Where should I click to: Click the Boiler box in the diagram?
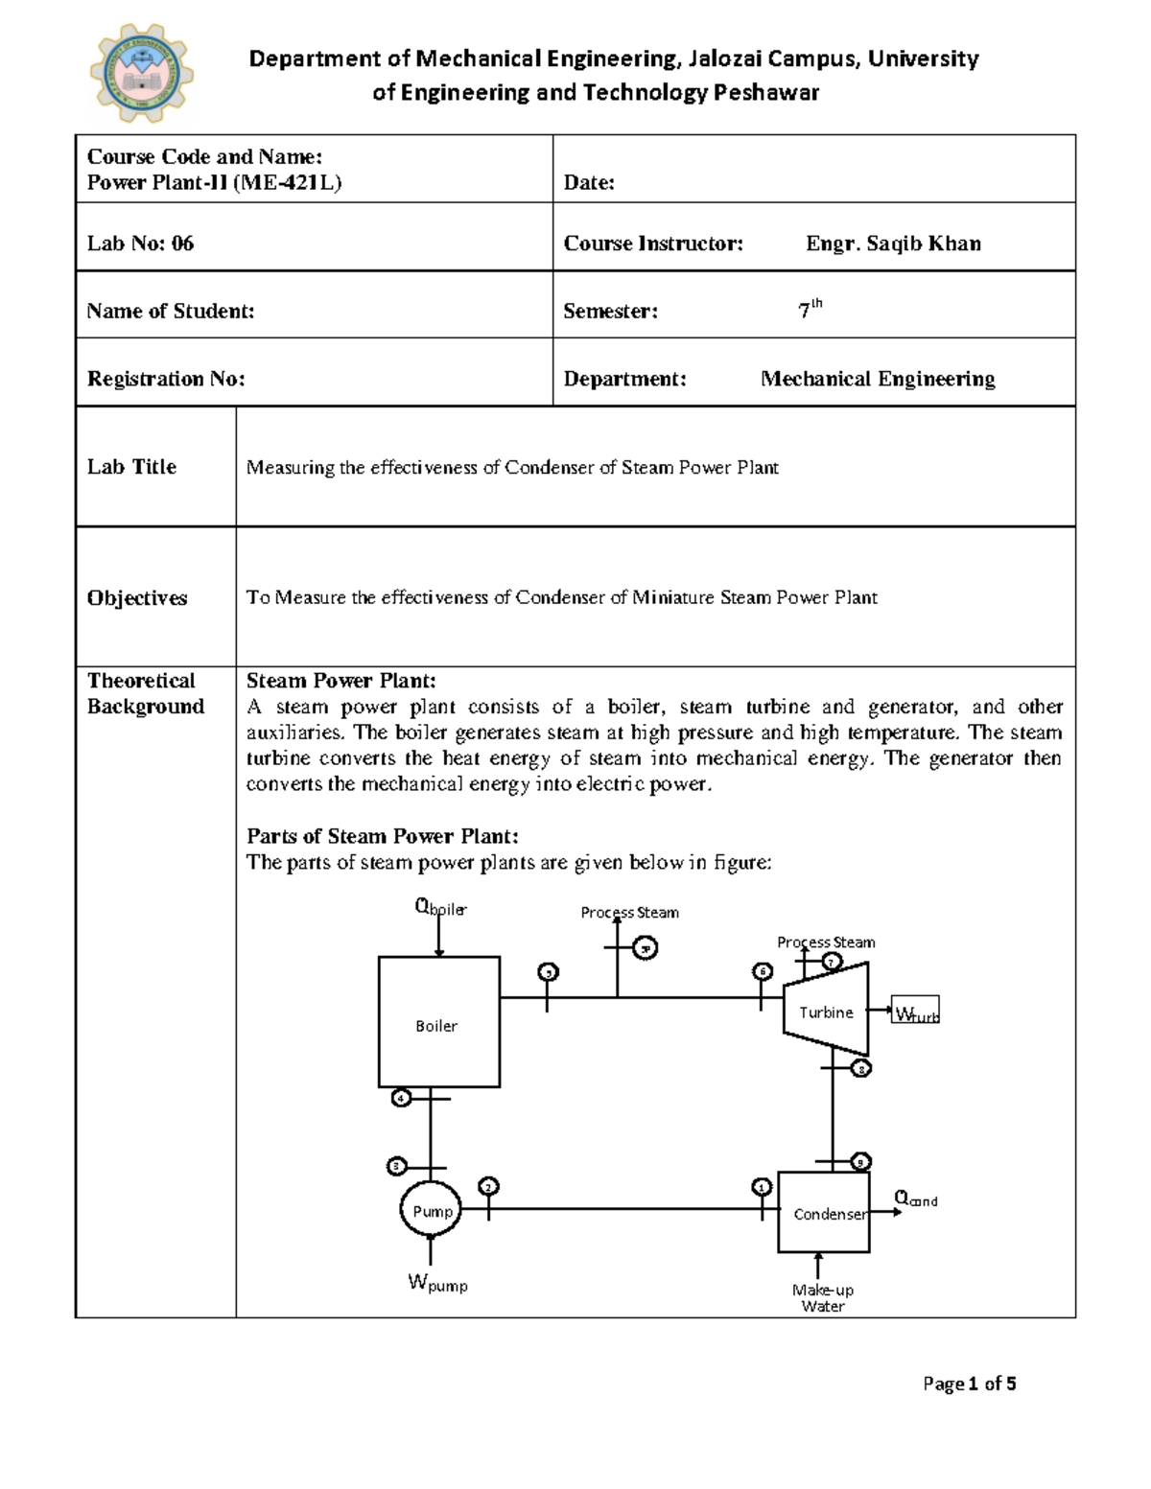coord(438,1022)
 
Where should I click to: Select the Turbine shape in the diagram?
coord(826,1012)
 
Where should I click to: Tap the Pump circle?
coord(431,1211)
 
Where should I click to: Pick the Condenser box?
coord(824,1213)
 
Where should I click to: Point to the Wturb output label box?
coord(915,1011)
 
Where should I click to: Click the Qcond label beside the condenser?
coord(915,1198)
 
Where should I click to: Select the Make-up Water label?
coord(822,1298)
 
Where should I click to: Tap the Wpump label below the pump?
coord(437,1284)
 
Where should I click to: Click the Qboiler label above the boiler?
coord(439,907)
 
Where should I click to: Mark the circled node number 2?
coord(489,1187)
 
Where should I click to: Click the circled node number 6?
coord(763,971)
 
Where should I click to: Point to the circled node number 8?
coord(861,1068)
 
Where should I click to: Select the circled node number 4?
coord(401,1098)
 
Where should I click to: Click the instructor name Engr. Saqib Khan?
coord(892,244)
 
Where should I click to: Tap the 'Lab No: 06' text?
coord(141,244)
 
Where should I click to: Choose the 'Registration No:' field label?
coord(166,379)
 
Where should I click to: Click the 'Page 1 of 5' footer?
coord(969,1384)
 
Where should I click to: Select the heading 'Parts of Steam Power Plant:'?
coord(382,836)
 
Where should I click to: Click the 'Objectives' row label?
coord(137,597)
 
